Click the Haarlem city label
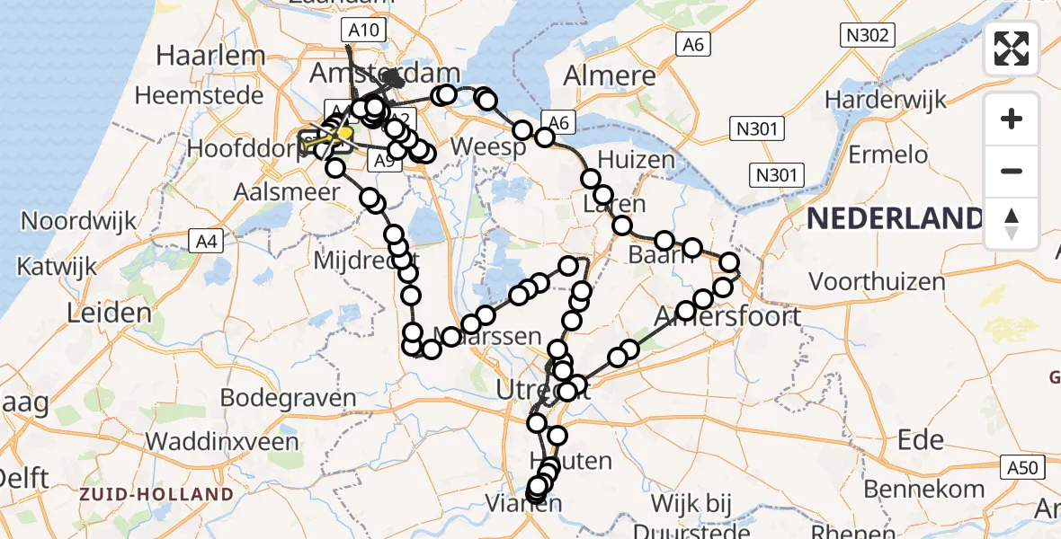pyautogui.click(x=210, y=55)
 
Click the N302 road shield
pyautogui.click(x=867, y=36)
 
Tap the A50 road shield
pyautogui.click(x=1022, y=466)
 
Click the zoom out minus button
pyautogui.click(x=1012, y=171)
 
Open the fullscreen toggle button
pyautogui.click(x=1012, y=49)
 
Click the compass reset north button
pyautogui.click(x=1012, y=223)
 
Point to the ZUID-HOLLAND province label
pyautogui.click(x=156, y=494)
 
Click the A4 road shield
pyautogui.click(x=204, y=239)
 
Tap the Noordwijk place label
pyautogui.click(x=79, y=220)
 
